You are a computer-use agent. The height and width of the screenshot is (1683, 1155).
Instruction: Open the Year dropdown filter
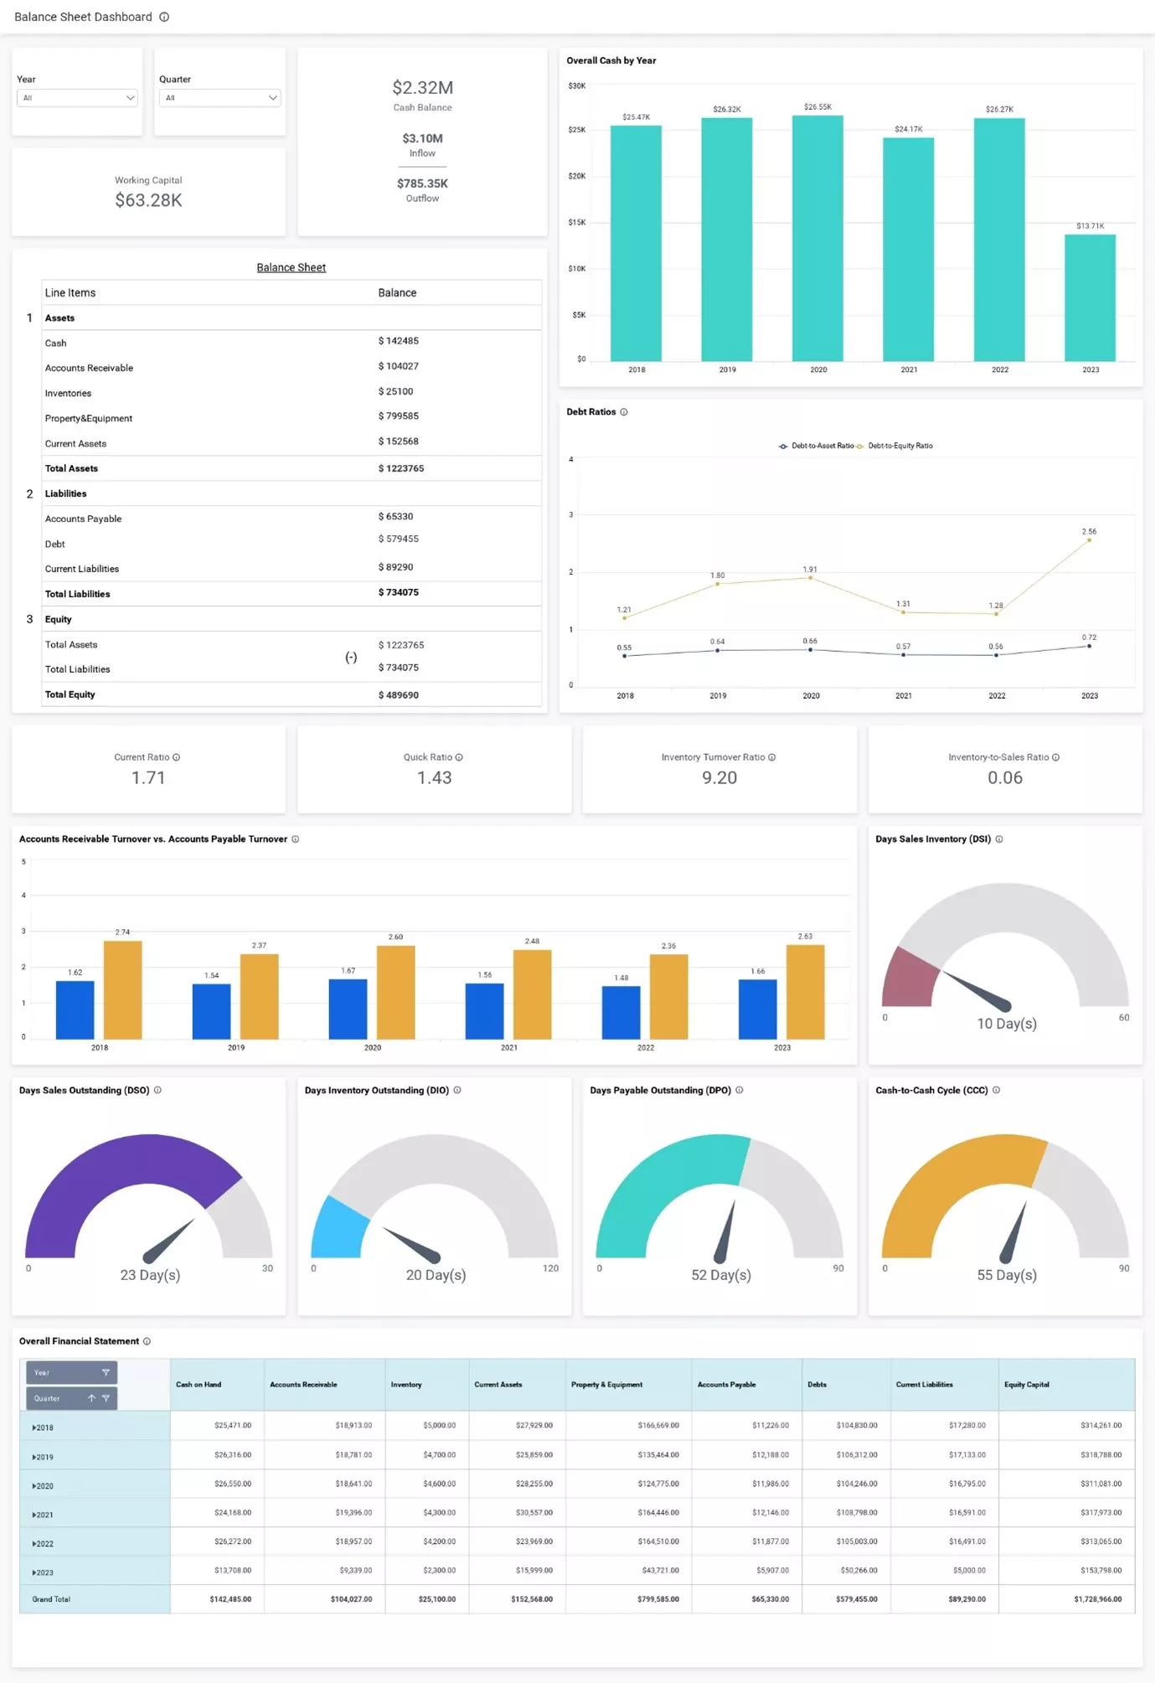(77, 98)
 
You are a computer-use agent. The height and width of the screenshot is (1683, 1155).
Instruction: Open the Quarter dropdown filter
(219, 98)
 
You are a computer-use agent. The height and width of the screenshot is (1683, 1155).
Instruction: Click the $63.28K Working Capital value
(148, 200)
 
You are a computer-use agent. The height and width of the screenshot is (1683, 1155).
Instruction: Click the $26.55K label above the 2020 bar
(817, 107)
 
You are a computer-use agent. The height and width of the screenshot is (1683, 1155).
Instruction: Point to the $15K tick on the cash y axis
(577, 223)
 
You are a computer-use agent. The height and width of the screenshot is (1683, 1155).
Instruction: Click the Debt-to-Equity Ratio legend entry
(899, 446)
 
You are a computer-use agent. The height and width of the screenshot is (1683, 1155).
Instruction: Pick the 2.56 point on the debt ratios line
(1089, 540)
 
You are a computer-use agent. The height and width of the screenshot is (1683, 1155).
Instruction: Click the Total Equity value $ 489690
(399, 695)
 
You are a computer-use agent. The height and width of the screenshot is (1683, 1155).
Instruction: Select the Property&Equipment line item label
(89, 419)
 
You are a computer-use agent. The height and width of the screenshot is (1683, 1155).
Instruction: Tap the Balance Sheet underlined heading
(291, 267)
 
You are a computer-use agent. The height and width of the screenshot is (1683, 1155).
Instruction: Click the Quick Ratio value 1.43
(434, 777)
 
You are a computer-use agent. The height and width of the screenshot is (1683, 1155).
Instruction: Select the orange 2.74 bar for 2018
(123, 989)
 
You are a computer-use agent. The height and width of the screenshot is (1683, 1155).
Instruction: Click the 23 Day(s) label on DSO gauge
(150, 1275)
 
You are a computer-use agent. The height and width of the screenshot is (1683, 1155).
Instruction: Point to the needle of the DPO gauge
(726, 1231)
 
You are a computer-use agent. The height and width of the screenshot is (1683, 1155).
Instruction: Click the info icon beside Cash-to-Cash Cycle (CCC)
(996, 1090)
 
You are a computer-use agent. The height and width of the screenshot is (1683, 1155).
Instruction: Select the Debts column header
(817, 1385)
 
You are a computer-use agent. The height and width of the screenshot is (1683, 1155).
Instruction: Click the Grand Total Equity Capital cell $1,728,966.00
(1097, 1599)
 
